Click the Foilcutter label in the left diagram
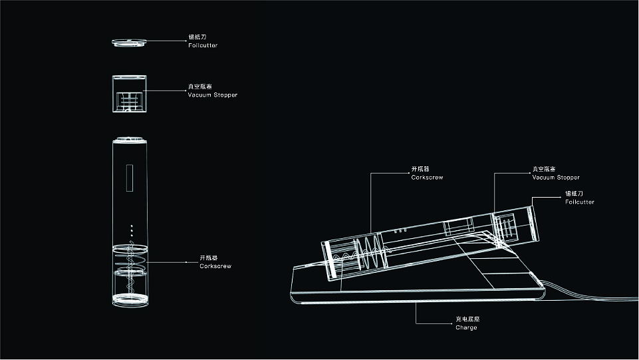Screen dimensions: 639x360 (203, 45)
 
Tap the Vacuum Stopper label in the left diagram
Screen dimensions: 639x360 (212, 94)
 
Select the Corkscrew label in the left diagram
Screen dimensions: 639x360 (215, 266)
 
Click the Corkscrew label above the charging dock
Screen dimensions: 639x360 (427, 178)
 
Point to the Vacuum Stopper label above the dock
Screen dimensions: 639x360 (556, 178)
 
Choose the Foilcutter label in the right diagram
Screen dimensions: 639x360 (580, 202)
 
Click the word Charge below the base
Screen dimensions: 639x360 (466, 327)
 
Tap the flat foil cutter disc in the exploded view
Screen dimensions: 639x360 (129, 42)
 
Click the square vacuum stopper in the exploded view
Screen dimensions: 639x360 (130, 93)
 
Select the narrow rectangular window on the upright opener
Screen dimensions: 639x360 (130, 178)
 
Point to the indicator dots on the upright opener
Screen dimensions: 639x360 (131, 230)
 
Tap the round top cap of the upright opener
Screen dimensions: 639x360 (130, 140)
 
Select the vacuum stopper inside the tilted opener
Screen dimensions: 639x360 (508, 226)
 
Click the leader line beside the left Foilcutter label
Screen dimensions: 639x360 (166, 41)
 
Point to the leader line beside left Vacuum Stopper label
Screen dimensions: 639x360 (165, 90)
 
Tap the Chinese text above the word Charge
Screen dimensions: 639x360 (467, 319)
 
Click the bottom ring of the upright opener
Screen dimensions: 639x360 (130, 300)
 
